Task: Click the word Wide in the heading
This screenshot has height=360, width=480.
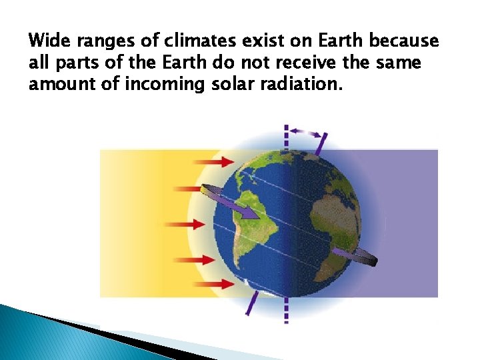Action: pos(48,41)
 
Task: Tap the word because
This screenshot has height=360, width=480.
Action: pos(404,41)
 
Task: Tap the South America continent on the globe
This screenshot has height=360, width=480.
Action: pos(250,220)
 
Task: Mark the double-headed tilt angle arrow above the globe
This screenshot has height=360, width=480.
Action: pos(305,133)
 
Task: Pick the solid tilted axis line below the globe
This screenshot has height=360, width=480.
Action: pos(252,303)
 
